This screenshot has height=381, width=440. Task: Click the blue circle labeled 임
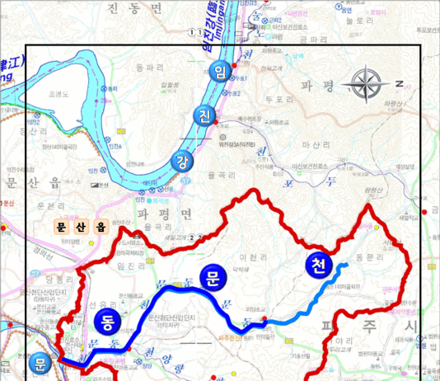pos(219,72)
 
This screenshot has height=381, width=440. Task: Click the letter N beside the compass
pos(398,83)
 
